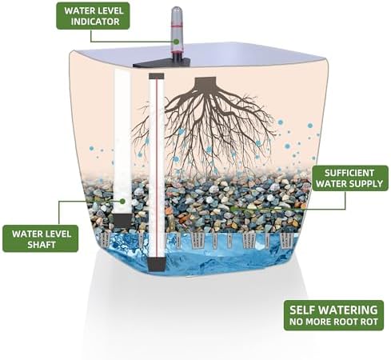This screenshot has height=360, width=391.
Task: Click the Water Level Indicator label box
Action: [x=93, y=16]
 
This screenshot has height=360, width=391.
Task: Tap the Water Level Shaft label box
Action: [x=41, y=238]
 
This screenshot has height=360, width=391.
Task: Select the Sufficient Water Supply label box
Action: [x=350, y=178]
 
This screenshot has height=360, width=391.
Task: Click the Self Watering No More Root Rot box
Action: [x=333, y=315]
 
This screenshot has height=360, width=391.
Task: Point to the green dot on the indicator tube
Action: [x=176, y=42]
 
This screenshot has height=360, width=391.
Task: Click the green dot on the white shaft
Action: [x=122, y=201]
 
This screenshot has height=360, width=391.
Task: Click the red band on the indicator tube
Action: [x=177, y=26]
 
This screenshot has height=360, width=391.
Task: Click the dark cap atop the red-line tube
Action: [x=157, y=77]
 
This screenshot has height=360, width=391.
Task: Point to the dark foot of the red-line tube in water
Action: [x=156, y=264]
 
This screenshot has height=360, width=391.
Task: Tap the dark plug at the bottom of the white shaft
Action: [x=122, y=220]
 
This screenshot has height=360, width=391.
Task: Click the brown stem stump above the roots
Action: [x=205, y=82]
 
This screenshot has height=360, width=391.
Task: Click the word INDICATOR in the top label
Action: [x=95, y=22]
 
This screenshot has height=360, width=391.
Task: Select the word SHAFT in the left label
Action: [x=42, y=244]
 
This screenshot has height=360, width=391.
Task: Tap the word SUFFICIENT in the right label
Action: [x=349, y=173]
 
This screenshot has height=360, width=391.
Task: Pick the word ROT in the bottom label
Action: [x=369, y=322]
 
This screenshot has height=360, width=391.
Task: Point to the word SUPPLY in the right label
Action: [x=369, y=183]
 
